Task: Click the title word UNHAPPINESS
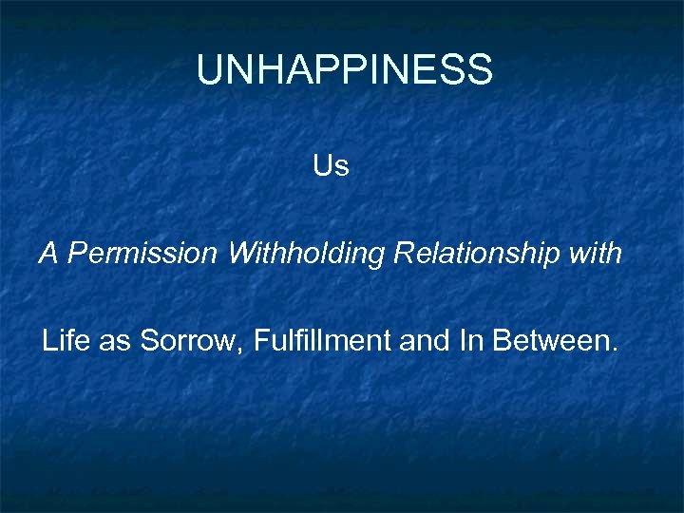344,70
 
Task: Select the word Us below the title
331,166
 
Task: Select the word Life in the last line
65,340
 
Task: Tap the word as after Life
114,341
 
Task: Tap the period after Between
611,349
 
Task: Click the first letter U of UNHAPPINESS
209,70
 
